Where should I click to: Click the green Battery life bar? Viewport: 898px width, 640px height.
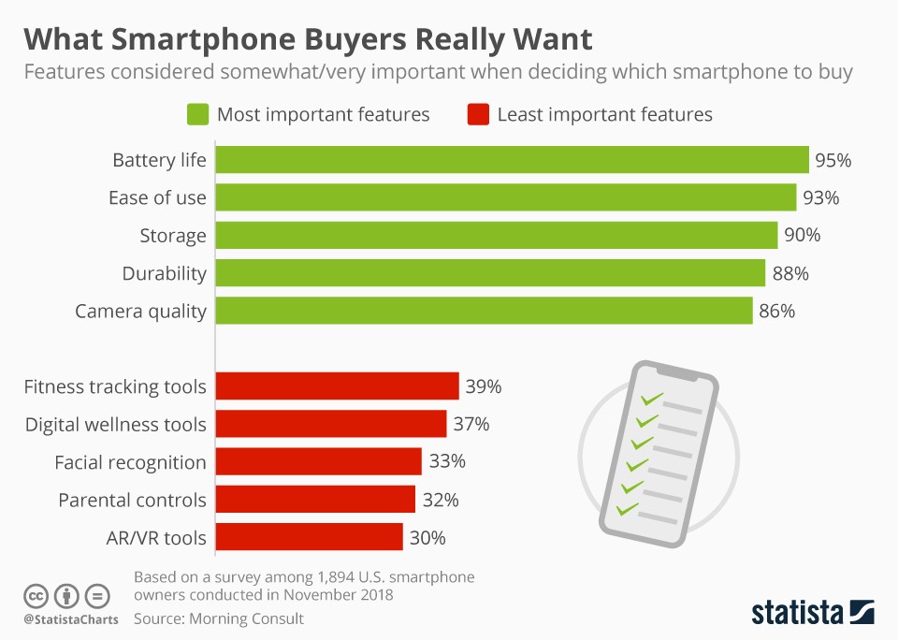512,160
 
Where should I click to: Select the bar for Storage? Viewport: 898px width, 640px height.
496,236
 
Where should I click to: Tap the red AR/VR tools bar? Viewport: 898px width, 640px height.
309,537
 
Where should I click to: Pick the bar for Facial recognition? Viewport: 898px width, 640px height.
318,461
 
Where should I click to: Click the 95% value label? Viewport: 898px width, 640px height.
833,160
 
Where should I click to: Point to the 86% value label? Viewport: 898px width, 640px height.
776,312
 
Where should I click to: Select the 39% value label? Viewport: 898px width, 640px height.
484,386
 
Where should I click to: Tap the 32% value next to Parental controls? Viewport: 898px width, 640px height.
440,500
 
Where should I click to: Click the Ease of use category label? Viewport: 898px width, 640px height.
157,197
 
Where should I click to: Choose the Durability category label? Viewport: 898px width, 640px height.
164,273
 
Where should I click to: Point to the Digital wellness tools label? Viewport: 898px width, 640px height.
115,424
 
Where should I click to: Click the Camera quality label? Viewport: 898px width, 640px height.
140,312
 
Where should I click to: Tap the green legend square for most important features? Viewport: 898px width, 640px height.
196,115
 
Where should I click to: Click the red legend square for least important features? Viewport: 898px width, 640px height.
476,115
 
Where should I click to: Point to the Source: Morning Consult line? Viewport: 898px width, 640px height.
219,618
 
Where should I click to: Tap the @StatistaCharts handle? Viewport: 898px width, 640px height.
71,619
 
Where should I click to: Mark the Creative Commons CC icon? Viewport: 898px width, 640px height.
36,595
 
